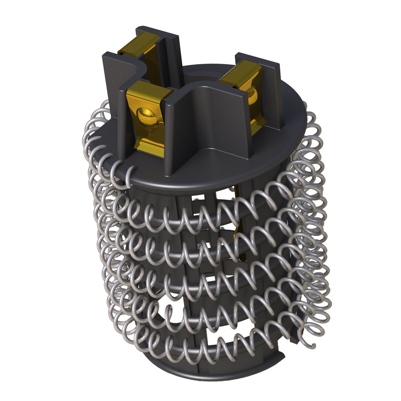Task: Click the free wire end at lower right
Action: [311, 343]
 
